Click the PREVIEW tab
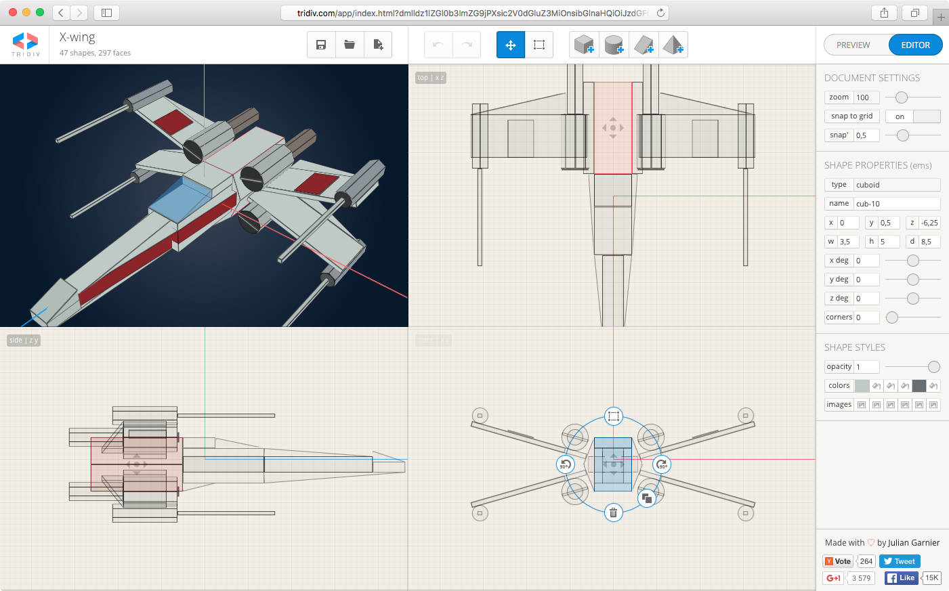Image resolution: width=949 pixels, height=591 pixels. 853,45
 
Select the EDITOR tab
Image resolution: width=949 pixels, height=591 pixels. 915,45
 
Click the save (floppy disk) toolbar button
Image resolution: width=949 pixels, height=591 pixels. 321,45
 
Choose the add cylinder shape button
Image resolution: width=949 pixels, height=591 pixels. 614,45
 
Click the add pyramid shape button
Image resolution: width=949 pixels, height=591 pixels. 673,45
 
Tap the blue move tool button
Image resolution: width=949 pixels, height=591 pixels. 511,45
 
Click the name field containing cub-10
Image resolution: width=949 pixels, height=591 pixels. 897,204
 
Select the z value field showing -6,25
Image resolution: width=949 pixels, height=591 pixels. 929,223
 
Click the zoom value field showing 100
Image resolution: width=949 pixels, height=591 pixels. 866,97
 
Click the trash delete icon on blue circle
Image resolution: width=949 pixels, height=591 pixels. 613,512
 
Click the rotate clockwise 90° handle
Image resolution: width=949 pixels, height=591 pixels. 662,464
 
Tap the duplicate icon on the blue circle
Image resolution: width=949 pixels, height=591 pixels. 647,498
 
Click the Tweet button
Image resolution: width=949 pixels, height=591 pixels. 900,561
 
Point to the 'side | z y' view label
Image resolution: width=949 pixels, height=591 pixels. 24,341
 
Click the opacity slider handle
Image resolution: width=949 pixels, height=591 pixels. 934,367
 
